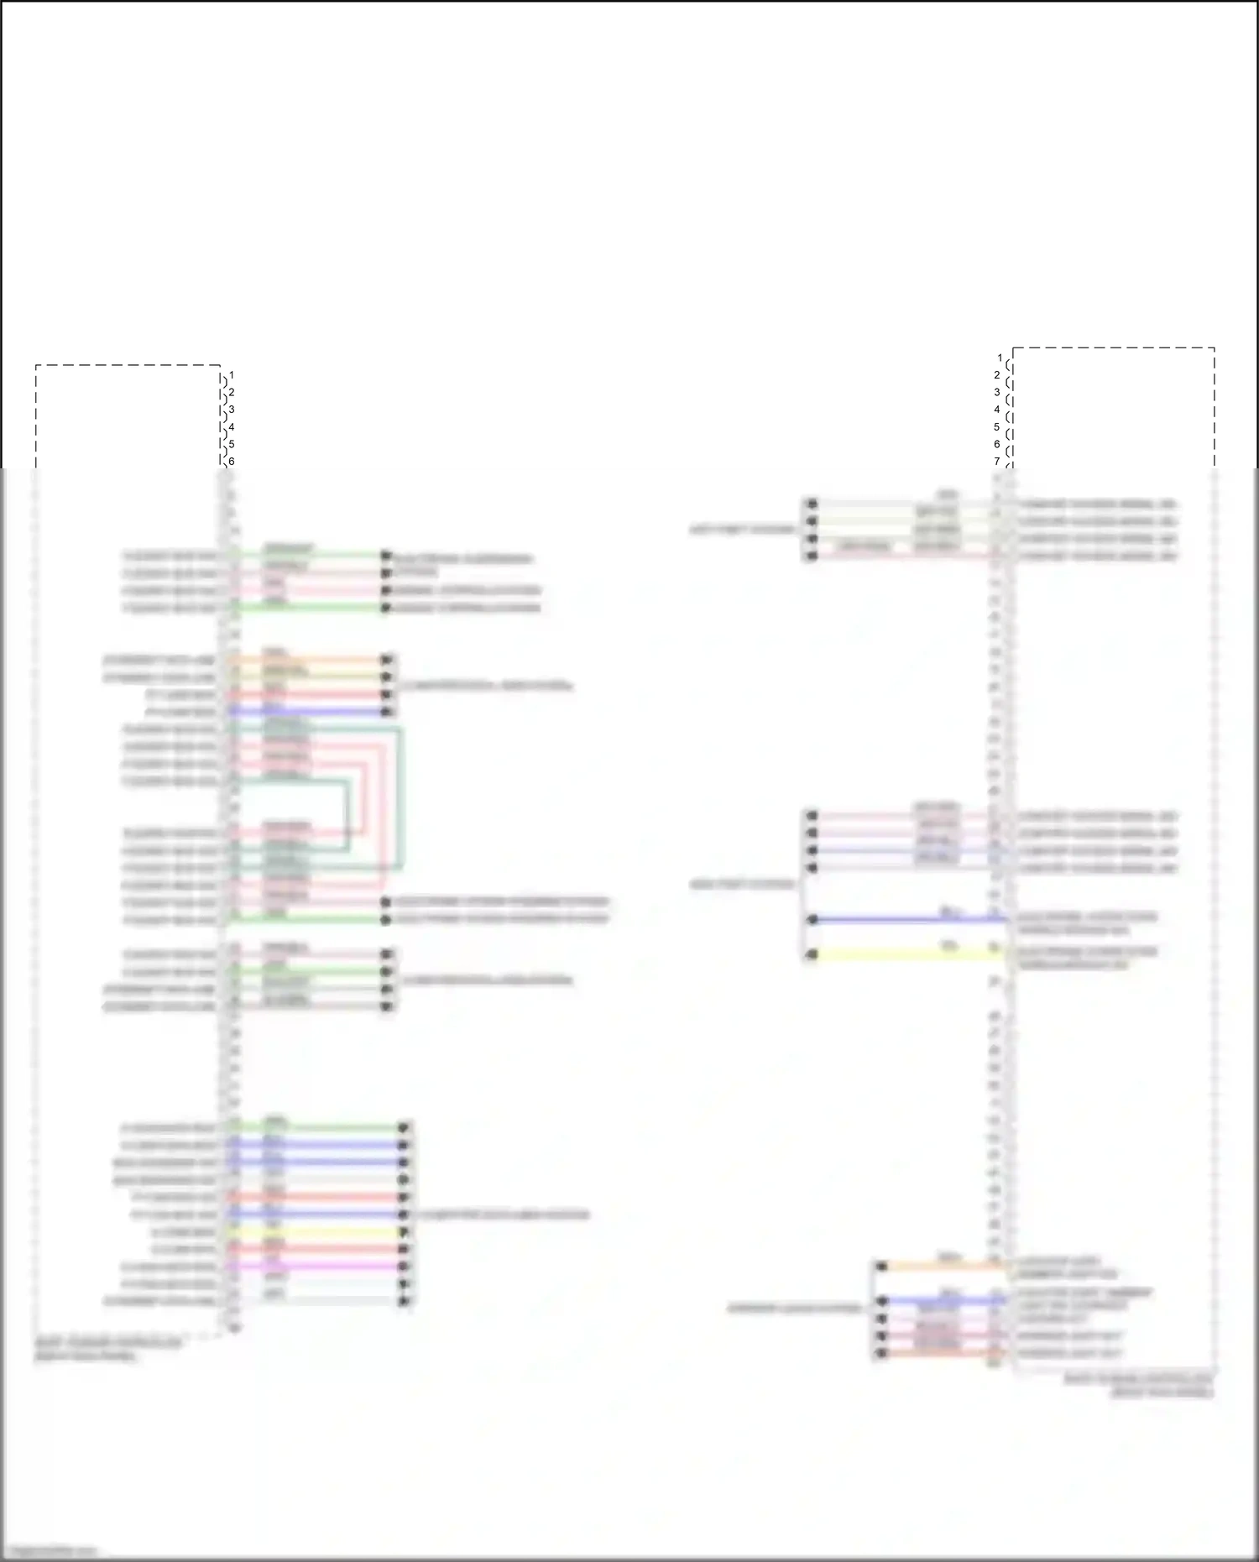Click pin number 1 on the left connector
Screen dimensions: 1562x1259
pos(231,375)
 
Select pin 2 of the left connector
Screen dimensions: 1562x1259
pos(231,393)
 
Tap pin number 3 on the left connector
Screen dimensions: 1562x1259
pos(231,410)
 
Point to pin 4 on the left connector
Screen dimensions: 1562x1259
pos(231,427)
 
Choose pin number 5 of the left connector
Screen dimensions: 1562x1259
pos(231,444)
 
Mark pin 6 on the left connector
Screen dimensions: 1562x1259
pos(231,461)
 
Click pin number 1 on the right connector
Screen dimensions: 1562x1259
pos(999,358)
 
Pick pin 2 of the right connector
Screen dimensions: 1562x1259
pos(997,375)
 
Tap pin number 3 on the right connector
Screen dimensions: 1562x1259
pos(997,392)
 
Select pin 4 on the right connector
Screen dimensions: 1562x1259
pos(997,410)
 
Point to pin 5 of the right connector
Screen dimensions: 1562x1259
pos(997,426)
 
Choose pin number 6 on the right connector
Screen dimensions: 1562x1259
pos(997,444)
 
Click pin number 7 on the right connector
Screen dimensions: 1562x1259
pos(997,461)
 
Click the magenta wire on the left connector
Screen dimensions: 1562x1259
pos(319,1267)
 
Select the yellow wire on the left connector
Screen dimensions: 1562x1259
pos(319,1232)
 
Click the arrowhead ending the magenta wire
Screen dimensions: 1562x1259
pos(405,1267)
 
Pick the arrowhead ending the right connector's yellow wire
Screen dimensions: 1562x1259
pos(812,954)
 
